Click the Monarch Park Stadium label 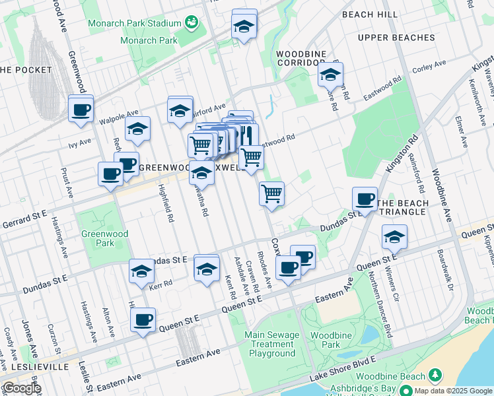(x=135, y=23)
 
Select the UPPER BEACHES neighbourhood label (x=396, y=38)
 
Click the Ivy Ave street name (x=79, y=142)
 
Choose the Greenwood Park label (x=98, y=238)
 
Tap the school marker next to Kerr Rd (x=141, y=271)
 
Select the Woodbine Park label (x=326, y=340)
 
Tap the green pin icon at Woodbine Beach (x=435, y=376)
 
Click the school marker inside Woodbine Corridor (x=330, y=75)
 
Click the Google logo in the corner (x=21, y=388)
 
